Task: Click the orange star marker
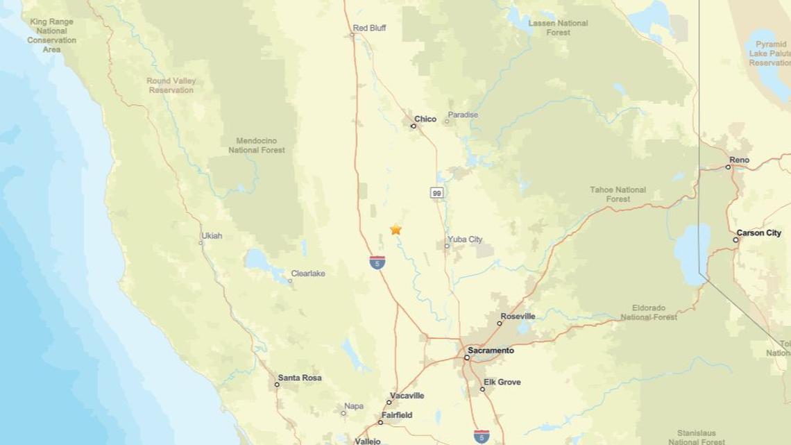395,229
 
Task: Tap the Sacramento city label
491,351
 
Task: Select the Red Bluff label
369,28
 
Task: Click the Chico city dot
414,126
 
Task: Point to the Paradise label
463,115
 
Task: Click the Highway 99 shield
436,192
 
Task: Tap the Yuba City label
465,240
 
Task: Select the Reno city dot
729,167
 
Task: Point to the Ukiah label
212,236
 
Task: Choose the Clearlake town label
308,274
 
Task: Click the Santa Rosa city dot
277,384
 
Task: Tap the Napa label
354,406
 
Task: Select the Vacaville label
407,396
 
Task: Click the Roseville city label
518,317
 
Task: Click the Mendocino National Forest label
257,145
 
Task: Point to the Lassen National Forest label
558,28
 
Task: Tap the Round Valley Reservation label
171,85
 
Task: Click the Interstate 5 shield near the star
377,262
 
